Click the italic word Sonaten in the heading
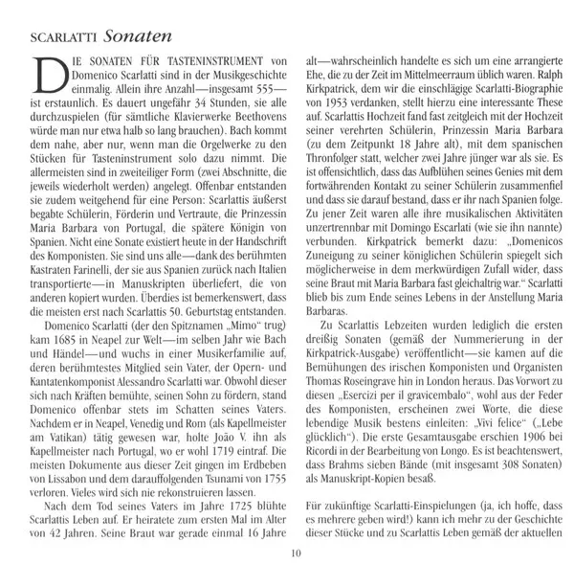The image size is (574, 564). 137,37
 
